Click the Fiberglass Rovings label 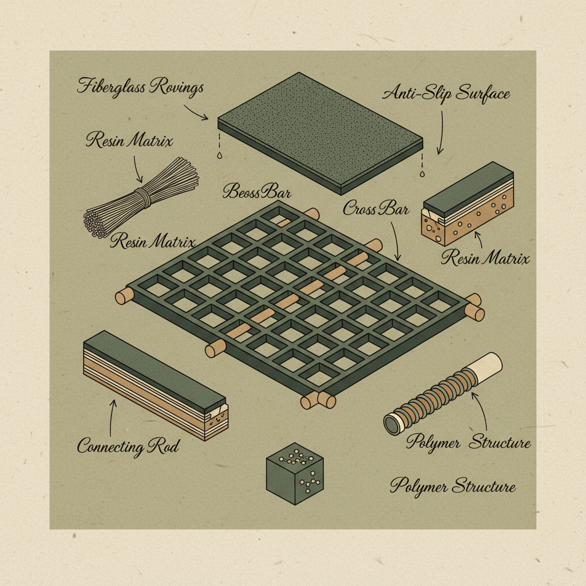[x=140, y=88]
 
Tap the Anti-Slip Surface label [x=446, y=93]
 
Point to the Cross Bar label [x=376, y=209]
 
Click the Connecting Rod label [x=128, y=446]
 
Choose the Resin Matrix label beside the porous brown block [x=485, y=258]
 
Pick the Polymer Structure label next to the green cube [x=453, y=487]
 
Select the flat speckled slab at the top [x=320, y=132]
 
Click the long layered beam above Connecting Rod [x=155, y=383]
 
